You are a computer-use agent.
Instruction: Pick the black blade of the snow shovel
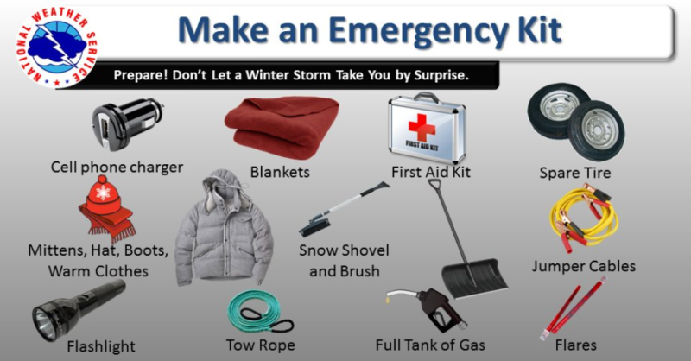[474, 276]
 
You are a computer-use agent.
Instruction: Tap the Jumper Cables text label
[583, 266]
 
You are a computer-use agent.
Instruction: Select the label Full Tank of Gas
[429, 345]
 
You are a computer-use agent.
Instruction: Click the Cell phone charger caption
[117, 167]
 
